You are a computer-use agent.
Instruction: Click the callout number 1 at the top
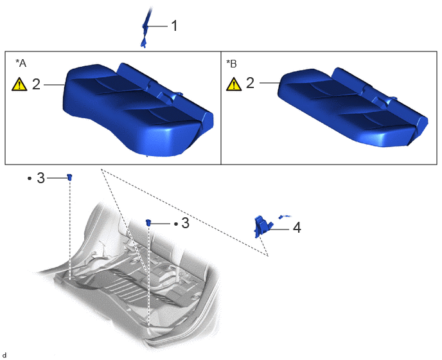click(x=175, y=26)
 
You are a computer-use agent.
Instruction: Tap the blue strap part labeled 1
click(x=146, y=28)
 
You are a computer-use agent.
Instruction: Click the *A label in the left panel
click(x=21, y=63)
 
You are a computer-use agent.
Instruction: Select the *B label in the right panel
click(x=231, y=64)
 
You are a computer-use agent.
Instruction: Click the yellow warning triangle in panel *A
click(x=19, y=84)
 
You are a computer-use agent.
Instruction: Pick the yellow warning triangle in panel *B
click(x=234, y=84)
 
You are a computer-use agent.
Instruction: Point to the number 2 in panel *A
click(x=37, y=84)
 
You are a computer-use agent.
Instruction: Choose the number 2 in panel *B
click(x=251, y=83)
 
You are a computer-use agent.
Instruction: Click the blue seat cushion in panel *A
click(x=137, y=111)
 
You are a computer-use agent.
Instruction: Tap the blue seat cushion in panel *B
click(x=353, y=107)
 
